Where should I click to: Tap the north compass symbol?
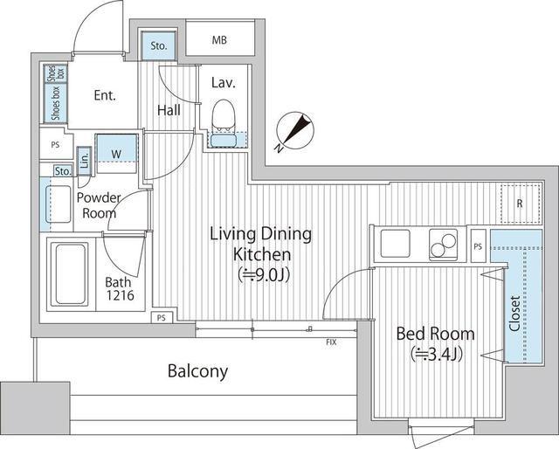[295, 132]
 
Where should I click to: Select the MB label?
[219, 40]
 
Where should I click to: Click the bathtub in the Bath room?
[70, 273]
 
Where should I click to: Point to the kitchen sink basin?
[395, 244]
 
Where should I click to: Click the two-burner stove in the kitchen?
[443, 244]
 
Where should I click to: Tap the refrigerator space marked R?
[521, 204]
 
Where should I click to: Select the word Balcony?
[198, 371]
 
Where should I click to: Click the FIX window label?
[331, 342]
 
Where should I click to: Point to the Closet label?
[514, 314]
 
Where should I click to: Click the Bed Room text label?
[436, 334]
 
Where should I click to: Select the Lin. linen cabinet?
[85, 161]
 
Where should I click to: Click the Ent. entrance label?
[105, 95]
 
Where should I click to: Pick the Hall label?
[169, 110]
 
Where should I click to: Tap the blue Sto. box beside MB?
[159, 45]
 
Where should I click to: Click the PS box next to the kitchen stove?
[478, 246]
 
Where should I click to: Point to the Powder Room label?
[99, 205]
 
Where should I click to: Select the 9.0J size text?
[263, 275]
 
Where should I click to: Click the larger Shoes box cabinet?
[56, 103]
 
